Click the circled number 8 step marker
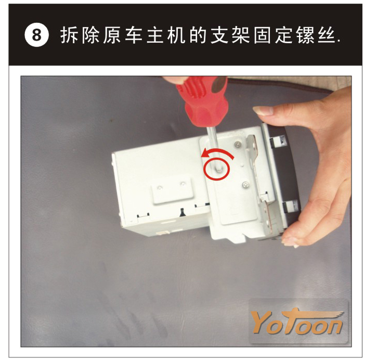point(36,35)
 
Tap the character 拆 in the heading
point(69,35)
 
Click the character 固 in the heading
point(263,35)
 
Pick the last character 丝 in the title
point(327,35)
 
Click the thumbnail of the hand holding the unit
point(264,111)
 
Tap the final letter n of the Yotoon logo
point(333,326)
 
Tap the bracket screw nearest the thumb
point(239,144)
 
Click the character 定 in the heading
point(284,35)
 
